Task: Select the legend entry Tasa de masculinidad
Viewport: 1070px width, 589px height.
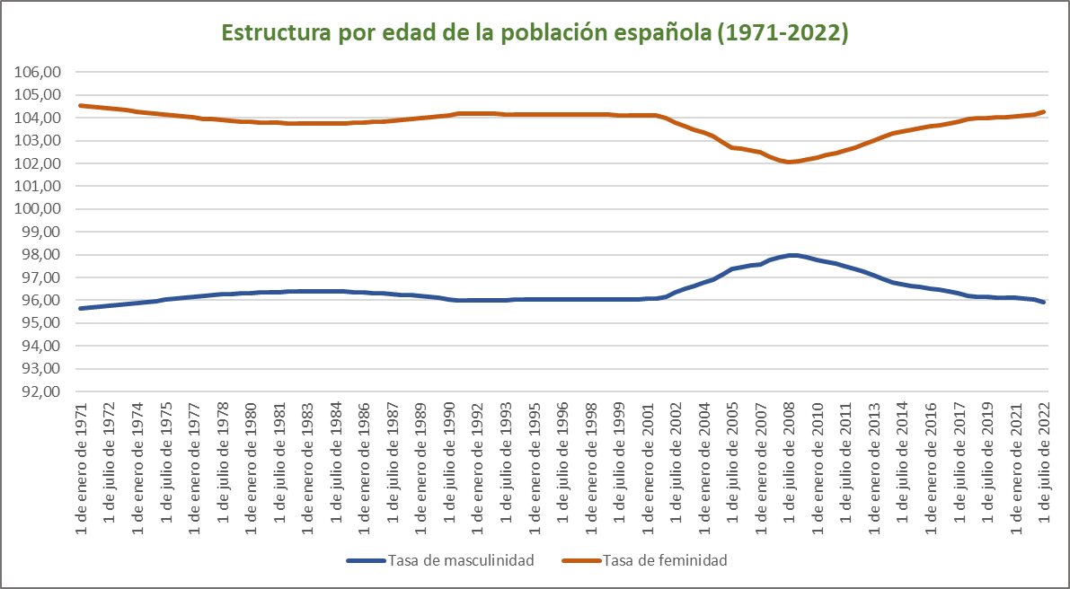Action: coord(461,560)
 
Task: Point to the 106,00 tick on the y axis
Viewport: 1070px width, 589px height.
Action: coord(40,72)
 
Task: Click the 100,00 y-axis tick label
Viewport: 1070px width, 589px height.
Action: coord(40,209)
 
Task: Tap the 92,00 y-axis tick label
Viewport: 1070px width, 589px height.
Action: coord(40,391)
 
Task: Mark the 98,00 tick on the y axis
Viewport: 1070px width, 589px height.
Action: coord(40,255)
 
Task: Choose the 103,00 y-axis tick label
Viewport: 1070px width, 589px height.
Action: coord(40,141)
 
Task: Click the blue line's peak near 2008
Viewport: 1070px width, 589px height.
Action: coord(791,255)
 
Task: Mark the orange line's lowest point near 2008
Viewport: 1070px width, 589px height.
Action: coord(790,162)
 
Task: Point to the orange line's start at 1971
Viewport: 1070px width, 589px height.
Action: coord(81,106)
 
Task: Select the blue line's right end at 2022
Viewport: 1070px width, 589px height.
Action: coord(1044,303)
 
